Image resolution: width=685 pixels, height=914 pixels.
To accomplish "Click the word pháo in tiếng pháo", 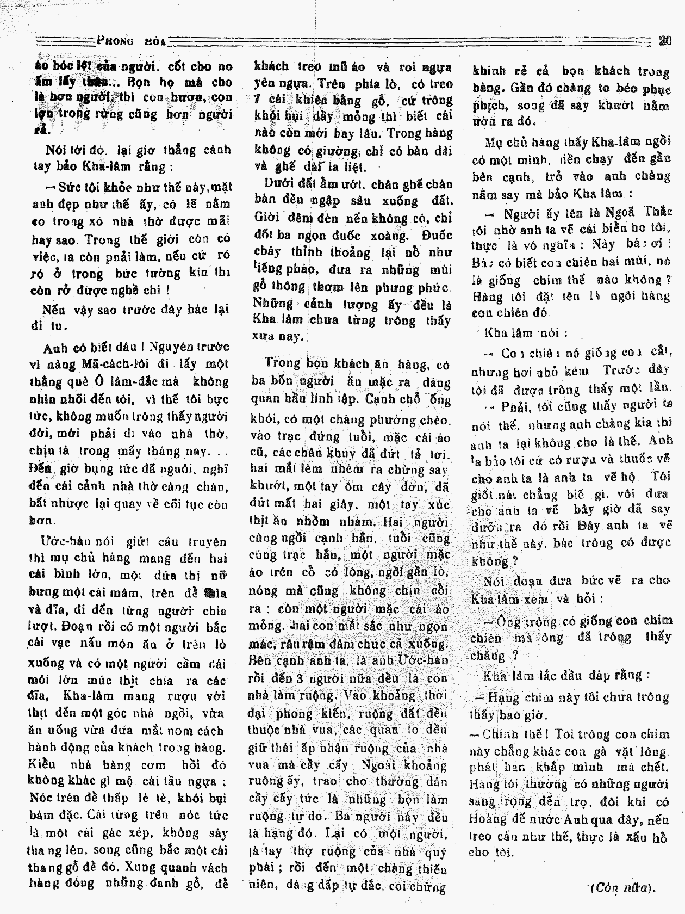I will coord(304,270).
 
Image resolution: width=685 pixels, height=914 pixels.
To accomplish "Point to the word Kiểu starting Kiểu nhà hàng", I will coord(43,764).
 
